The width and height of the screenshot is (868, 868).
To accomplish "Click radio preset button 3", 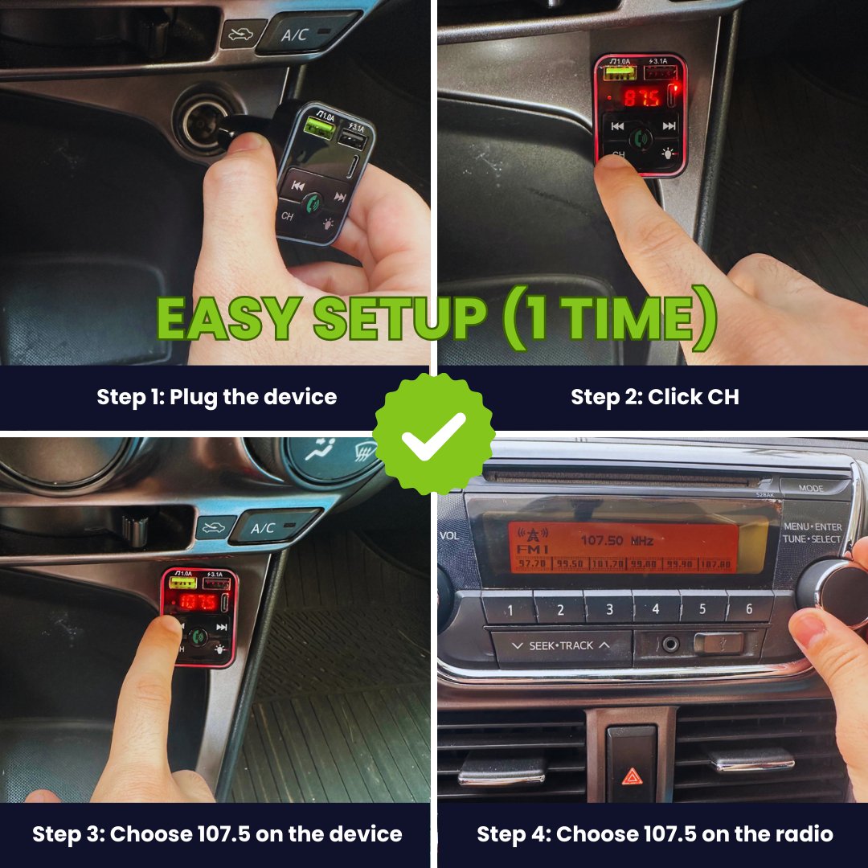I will point(608,608).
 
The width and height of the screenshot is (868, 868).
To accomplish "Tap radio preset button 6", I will point(749,608).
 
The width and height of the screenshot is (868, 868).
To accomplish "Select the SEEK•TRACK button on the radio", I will point(561,645).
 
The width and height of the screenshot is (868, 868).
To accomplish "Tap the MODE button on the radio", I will point(811,488).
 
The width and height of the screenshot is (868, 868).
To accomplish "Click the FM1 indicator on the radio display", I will point(531,548).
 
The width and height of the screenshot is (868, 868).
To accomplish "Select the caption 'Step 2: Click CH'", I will point(654,397).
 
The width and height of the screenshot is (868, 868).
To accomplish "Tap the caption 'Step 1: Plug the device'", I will point(216,397).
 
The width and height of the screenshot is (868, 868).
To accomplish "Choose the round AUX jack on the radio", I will point(669,645).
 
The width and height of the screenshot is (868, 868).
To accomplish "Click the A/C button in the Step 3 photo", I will point(264,528).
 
